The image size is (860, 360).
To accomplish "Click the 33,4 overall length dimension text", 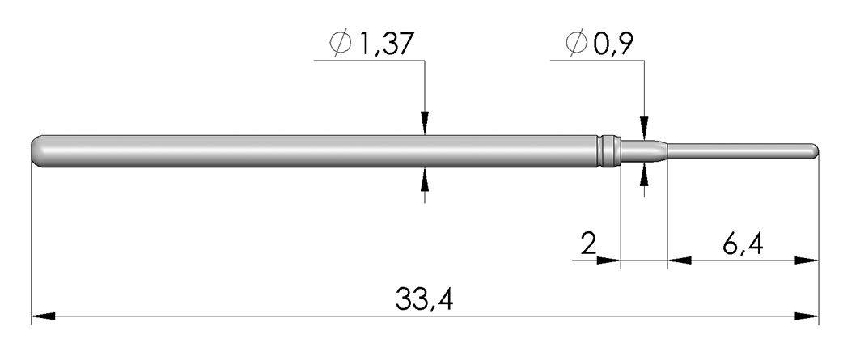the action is tap(424, 299).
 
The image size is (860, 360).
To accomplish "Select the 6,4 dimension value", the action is tap(742, 244).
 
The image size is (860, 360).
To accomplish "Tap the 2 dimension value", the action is tap(588, 244).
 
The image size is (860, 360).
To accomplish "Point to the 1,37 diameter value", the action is tap(384, 44).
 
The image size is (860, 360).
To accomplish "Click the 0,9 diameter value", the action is tap(613, 44).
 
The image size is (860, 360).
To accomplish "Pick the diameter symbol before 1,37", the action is tap(341, 44).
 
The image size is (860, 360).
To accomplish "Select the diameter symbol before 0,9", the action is tap(577, 44).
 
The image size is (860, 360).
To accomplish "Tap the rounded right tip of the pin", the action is tap(815, 149).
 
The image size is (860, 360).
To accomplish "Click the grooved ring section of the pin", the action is tap(608, 151).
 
